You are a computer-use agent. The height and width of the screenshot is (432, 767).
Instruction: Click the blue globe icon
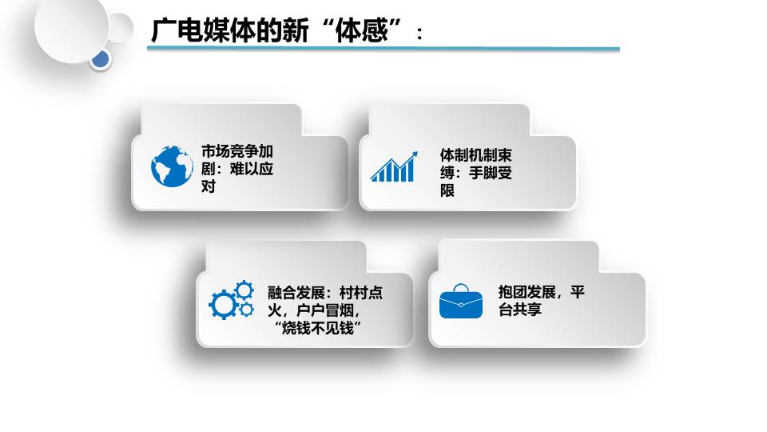172,166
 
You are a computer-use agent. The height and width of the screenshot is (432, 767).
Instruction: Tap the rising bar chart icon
394,166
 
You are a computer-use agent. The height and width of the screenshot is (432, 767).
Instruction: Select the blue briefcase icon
461,302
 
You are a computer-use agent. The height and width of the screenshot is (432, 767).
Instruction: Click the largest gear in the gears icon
224,305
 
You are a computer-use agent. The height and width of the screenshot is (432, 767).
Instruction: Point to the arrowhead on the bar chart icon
414,155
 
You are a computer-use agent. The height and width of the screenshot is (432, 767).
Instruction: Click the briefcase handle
461,287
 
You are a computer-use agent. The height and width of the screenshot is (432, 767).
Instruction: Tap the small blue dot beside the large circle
101,60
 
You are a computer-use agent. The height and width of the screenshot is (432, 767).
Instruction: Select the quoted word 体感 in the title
361,30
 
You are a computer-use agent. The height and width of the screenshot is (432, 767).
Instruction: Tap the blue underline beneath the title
383,49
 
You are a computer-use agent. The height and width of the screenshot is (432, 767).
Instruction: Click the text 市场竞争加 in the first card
237,151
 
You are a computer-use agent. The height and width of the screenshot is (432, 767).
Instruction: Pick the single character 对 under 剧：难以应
209,186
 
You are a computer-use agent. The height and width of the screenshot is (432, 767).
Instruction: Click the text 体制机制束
476,155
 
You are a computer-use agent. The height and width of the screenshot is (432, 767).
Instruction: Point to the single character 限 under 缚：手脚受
447,190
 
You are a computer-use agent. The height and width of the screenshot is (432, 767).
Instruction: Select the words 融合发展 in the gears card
296,293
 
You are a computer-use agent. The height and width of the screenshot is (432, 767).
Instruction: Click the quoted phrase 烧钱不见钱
317,328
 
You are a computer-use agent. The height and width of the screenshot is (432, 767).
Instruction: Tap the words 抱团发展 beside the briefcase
527,292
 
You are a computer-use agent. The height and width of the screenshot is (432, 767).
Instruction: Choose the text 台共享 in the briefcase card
520,310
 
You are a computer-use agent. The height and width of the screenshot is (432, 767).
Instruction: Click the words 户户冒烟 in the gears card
325,310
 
